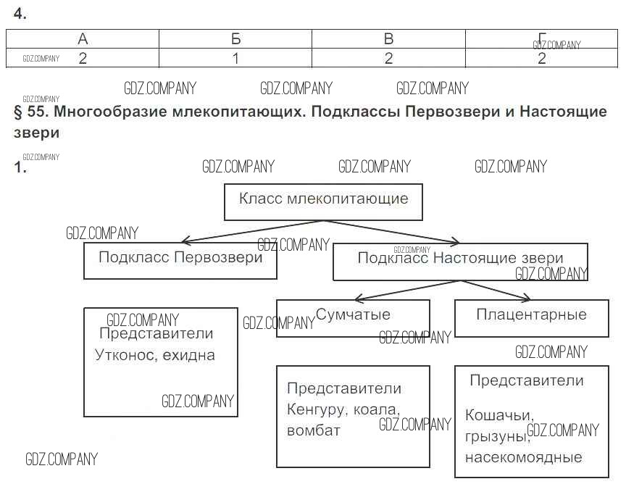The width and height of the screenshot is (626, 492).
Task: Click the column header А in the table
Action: [x=83, y=39]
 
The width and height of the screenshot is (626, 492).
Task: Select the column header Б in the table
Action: [x=235, y=39]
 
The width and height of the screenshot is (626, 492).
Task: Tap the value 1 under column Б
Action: [x=235, y=59]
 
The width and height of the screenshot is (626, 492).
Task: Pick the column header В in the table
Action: [x=388, y=39]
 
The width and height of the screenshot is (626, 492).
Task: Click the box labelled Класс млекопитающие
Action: [x=323, y=201]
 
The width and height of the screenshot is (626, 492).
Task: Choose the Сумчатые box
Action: [x=353, y=317]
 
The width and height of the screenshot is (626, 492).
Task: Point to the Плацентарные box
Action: [x=531, y=317]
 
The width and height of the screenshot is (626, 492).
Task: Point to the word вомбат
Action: [x=313, y=430]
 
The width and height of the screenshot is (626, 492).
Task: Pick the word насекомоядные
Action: [x=523, y=457]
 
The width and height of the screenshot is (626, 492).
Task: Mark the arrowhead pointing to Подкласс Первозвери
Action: [x=185, y=241]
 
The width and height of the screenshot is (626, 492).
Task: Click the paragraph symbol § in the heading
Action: [x=18, y=112]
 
